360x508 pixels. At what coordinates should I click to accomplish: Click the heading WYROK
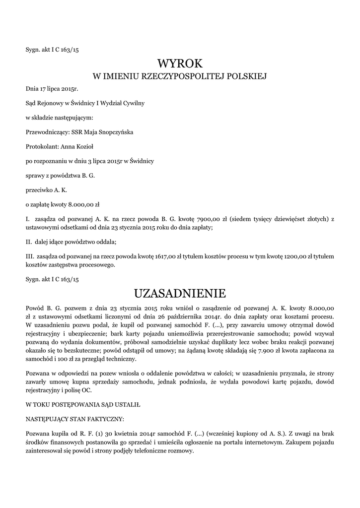point(180,63)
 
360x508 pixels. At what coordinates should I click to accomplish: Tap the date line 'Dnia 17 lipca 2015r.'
point(52,89)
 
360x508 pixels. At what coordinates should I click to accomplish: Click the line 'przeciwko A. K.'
point(46,190)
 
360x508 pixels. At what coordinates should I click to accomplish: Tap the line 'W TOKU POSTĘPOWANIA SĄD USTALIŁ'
point(82,405)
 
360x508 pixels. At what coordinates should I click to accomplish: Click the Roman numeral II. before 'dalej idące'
point(29,242)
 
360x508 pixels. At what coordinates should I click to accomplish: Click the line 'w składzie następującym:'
point(59,118)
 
